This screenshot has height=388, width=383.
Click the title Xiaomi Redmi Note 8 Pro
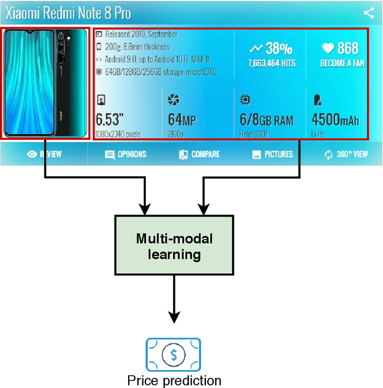(x=68, y=13)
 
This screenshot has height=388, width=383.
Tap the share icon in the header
(x=369, y=13)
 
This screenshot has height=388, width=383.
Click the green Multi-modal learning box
(x=174, y=246)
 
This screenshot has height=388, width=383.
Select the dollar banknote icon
(x=174, y=355)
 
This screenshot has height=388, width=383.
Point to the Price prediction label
(x=174, y=380)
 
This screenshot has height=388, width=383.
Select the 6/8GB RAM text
(x=266, y=120)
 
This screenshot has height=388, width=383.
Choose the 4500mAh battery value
(x=336, y=120)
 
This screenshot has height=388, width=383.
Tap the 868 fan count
(x=348, y=48)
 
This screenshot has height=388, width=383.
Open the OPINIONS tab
(x=126, y=154)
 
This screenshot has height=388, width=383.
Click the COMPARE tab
(x=200, y=154)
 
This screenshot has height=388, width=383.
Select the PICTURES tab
(x=273, y=154)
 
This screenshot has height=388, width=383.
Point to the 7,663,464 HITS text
(x=271, y=63)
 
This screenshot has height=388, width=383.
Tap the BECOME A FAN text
(x=342, y=63)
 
